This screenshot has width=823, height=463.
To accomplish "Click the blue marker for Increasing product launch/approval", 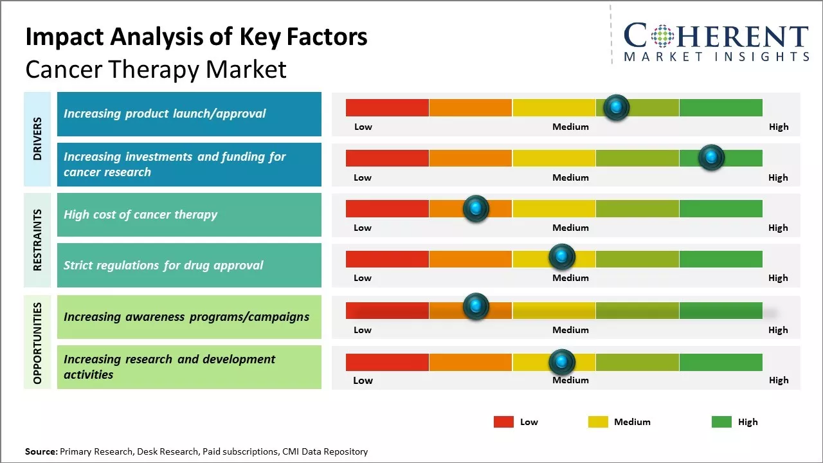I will [x=616, y=107].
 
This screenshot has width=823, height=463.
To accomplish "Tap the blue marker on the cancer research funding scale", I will [x=711, y=158].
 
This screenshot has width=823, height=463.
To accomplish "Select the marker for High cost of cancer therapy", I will [x=476, y=208].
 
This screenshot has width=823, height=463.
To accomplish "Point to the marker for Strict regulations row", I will [x=562, y=257].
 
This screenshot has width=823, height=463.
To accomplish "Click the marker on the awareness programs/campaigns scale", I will [x=476, y=307].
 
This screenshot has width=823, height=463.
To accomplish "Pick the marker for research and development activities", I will [x=562, y=363].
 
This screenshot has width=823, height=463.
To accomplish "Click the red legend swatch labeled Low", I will [x=503, y=422].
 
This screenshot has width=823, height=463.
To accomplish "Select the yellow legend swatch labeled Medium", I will [x=598, y=422].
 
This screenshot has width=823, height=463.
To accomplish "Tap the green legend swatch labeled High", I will [x=721, y=422].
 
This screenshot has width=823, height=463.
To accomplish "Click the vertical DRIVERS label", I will [x=37, y=138].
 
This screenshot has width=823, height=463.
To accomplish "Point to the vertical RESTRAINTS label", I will [x=37, y=240].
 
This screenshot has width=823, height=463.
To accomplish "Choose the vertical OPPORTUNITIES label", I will [x=37, y=343].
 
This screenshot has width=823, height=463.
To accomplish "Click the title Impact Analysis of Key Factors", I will [x=196, y=37].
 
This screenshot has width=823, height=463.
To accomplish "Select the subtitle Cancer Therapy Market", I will [x=156, y=69].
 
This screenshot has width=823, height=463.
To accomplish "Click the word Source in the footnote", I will [x=41, y=451].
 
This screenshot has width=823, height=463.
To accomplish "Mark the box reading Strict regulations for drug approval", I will [x=189, y=265].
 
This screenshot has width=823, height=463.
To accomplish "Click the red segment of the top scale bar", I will [x=387, y=107].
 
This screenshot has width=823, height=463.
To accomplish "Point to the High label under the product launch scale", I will [x=778, y=127].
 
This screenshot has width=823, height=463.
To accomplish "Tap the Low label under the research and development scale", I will [x=363, y=380].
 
